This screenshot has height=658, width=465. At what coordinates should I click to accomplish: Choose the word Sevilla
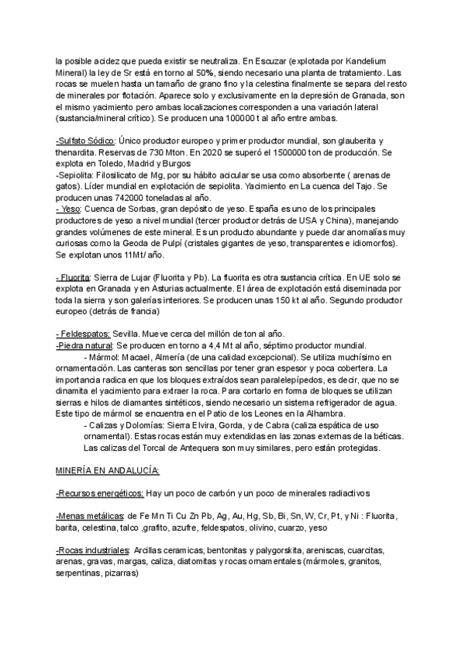[x=134, y=334]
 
